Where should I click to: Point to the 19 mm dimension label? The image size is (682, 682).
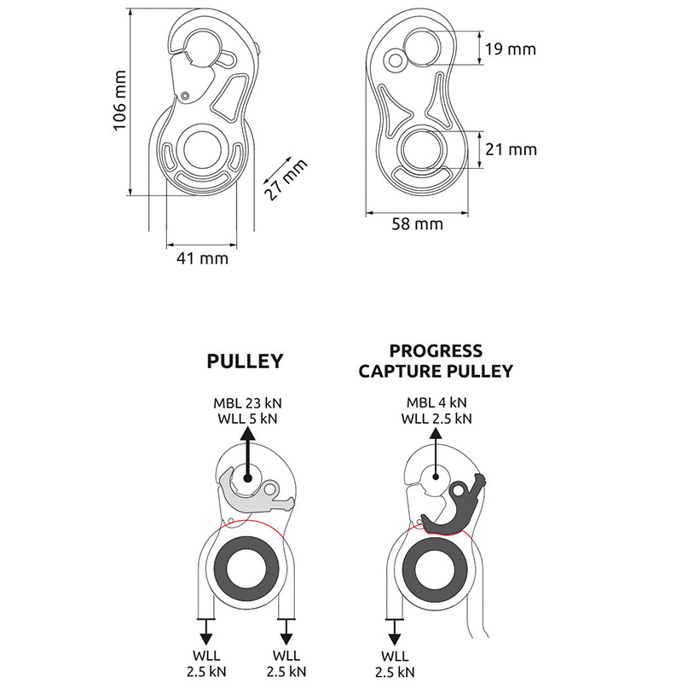point(510,49)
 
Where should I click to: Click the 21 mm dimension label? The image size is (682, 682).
point(510,149)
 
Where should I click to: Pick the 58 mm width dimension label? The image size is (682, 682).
point(417,224)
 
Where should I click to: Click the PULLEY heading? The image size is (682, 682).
point(246,361)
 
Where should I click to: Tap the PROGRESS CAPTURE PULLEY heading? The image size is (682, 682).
point(435,361)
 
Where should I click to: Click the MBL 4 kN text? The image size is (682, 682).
point(436,402)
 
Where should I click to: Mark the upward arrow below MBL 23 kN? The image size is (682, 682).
point(246,452)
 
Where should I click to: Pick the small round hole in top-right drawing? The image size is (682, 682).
point(395,60)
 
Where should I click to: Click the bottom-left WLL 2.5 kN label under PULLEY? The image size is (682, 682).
point(205,662)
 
